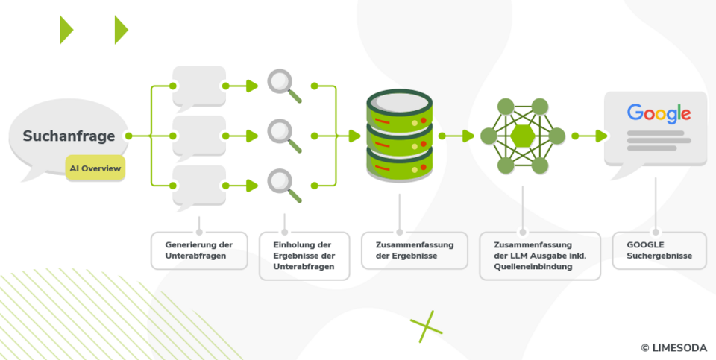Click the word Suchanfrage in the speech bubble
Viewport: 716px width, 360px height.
[69, 136]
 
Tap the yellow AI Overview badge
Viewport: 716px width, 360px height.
[95, 168]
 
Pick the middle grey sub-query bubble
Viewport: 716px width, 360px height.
[198, 135]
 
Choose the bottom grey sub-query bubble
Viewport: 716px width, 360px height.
[198, 184]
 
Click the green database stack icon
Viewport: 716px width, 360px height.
[400, 136]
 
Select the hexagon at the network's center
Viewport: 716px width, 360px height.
[523, 136]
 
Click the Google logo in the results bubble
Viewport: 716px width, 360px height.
[659, 113]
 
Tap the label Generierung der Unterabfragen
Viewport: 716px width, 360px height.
[199, 250]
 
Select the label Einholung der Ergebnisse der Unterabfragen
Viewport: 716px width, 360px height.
[304, 256]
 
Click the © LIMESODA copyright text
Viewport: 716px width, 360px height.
[673, 347]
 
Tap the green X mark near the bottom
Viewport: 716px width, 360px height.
[426, 326]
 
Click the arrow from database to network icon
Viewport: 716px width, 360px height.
[458, 136]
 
